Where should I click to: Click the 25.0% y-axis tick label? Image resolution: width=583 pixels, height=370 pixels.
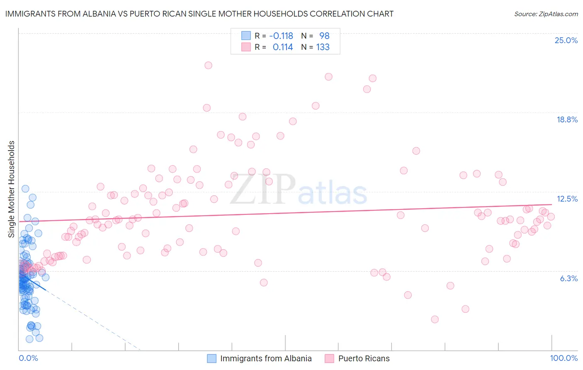pyautogui.click(x=566, y=40)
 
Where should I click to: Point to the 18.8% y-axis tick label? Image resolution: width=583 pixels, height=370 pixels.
pyautogui.click(x=567, y=119)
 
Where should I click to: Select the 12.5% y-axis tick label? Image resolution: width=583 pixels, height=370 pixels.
pyautogui.click(x=567, y=199)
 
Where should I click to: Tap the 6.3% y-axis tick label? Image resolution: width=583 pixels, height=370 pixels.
pyautogui.click(x=568, y=278)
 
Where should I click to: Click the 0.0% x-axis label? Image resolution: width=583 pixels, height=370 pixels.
pyautogui.click(x=28, y=358)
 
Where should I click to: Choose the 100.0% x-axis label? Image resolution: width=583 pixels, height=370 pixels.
pyautogui.click(x=564, y=358)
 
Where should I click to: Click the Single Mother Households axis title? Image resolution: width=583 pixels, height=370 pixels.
pyautogui.click(x=12, y=189)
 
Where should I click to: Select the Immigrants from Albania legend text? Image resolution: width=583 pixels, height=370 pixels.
pyautogui.click(x=266, y=358)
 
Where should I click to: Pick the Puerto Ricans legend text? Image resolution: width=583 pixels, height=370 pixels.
pyautogui.click(x=364, y=358)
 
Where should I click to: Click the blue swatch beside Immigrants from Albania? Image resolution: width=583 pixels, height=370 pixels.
pyautogui.click(x=212, y=358)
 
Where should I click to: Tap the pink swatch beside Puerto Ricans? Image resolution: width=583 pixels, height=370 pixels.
pyautogui.click(x=330, y=358)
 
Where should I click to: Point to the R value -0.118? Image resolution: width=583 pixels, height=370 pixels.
pyautogui.click(x=281, y=36)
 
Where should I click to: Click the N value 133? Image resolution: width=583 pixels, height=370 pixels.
pyautogui.click(x=323, y=47)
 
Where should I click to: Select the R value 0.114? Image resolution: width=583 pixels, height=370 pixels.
pyautogui.click(x=282, y=47)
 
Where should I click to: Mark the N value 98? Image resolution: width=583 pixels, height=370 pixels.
pyautogui.click(x=324, y=36)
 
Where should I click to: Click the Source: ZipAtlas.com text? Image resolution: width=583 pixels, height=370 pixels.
pyautogui.click(x=546, y=14)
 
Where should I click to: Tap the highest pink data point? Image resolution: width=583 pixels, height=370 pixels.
pyautogui.click(x=208, y=65)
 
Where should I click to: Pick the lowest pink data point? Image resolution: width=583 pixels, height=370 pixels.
pyautogui.click(x=435, y=319)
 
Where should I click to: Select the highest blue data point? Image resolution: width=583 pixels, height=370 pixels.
pyautogui.click(x=25, y=188)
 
